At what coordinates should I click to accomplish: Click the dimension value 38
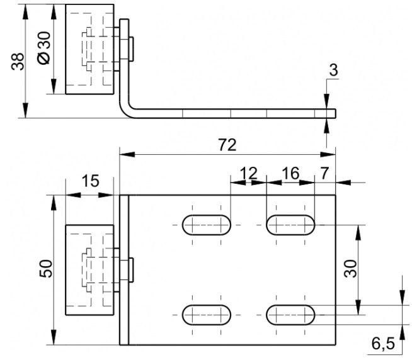(x=18, y=62)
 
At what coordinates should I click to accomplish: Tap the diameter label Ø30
(x=43, y=48)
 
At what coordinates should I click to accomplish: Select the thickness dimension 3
(x=333, y=70)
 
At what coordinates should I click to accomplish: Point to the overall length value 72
(x=227, y=145)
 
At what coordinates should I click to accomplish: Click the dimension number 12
(x=249, y=173)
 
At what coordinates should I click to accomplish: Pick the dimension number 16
(x=290, y=173)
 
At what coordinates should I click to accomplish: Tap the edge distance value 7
(x=325, y=173)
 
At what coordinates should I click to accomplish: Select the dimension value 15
(x=90, y=181)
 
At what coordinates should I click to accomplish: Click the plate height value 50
(x=46, y=268)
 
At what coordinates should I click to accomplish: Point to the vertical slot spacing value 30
(x=351, y=268)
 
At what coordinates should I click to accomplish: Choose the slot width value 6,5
(x=383, y=344)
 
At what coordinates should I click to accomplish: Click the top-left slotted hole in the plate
(x=207, y=225)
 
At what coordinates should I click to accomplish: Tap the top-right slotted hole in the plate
(x=290, y=225)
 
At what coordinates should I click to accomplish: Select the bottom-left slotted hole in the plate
(x=207, y=315)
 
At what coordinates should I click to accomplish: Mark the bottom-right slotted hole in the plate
(x=290, y=315)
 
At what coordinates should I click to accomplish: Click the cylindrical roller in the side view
(x=89, y=49)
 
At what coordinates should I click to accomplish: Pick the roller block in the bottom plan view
(x=89, y=269)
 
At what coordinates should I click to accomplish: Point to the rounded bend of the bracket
(x=126, y=110)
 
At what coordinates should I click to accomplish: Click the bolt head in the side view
(x=131, y=49)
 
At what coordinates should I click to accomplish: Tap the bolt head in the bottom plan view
(x=131, y=270)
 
